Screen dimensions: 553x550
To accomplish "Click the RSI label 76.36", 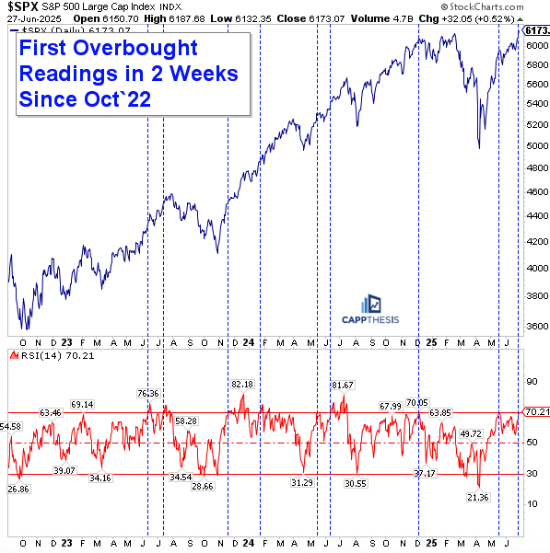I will click(147, 393).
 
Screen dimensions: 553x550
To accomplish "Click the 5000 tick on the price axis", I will click(535, 145).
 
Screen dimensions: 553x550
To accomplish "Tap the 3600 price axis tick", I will click(535, 326).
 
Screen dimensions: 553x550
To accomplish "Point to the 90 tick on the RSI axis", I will click(531, 381).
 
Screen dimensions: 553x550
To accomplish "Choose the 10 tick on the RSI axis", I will click(531, 502).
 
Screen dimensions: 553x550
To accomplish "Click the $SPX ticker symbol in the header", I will click(20, 7).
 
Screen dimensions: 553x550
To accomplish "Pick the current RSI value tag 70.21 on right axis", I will click(536, 411).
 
